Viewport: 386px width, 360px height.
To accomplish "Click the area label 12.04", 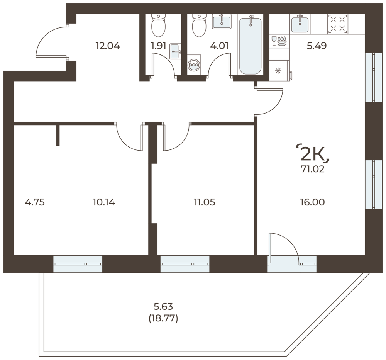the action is point(108,46).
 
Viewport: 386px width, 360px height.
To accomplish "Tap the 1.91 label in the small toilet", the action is point(159,46).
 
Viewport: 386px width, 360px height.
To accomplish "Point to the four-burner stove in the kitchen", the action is point(337,24).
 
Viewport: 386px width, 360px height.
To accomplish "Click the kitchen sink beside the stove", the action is point(300,24).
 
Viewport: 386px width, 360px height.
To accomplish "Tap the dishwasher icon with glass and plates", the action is point(279,41).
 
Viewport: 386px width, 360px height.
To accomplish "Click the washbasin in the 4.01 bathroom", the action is point(222,21).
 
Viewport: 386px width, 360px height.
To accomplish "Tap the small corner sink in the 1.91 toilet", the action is point(176,51).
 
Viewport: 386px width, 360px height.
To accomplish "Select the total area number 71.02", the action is point(312,169).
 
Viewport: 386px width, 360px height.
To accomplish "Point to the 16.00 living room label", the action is point(312,202).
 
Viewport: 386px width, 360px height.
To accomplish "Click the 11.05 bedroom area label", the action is point(204,202).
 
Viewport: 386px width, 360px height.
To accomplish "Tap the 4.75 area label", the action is point(35,202).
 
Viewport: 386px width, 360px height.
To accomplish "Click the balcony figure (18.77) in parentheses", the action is point(163,319).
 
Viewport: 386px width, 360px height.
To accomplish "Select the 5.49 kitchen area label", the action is point(317,46).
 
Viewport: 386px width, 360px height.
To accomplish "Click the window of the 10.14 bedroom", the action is point(78,264).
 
